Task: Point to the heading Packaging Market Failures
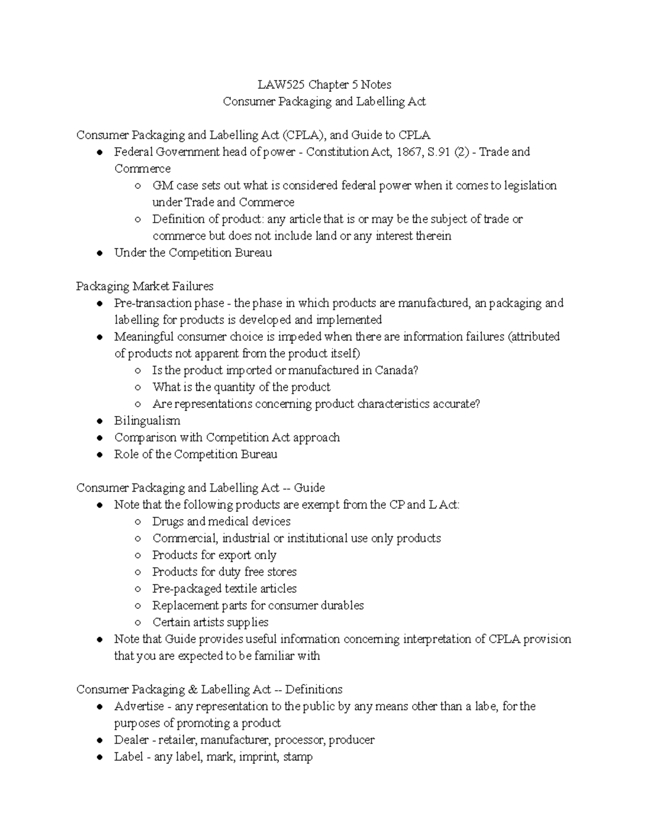click(145, 286)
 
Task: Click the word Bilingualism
click(147, 421)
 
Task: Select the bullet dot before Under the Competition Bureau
click(100, 253)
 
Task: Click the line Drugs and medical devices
click(221, 521)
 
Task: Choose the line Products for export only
click(214, 555)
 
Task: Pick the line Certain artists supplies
click(210, 622)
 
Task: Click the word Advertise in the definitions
click(139, 706)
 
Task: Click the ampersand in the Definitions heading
click(193, 690)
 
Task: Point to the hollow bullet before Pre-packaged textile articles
click(138, 589)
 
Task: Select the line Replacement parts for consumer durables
click(258, 605)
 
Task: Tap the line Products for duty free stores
click(224, 572)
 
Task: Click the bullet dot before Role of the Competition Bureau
click(100, 455)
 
